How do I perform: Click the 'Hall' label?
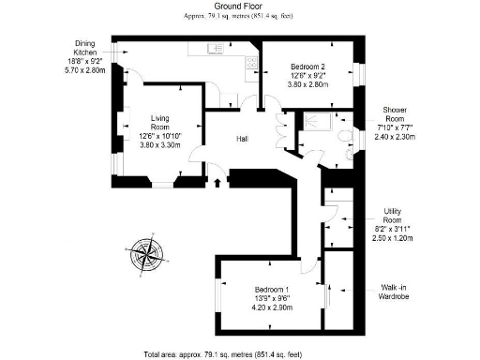tap(242, 139)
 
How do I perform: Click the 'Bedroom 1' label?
tap(274, 290)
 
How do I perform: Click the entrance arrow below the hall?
tap(217, 180)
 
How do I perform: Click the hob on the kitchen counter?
tap(251, 63)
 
